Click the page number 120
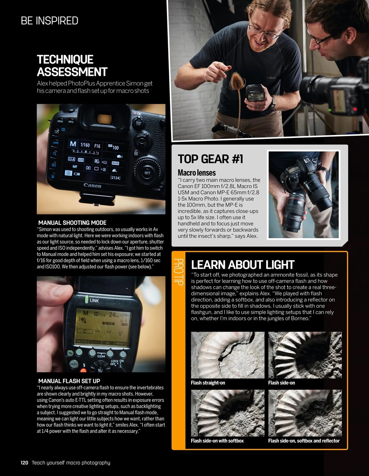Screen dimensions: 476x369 [24, 463]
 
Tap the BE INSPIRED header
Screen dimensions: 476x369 [49, 21]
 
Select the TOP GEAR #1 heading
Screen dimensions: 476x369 [210, 159]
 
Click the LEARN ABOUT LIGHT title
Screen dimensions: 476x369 [243, 265]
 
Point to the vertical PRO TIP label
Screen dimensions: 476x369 [179, 272]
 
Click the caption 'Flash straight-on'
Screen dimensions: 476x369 [208, 383]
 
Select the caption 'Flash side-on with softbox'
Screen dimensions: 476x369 [217, 441]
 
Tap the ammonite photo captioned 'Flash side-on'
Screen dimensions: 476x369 [305, 355]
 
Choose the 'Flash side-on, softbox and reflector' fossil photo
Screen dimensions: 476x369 [305, 413]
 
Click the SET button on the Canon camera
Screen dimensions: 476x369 [147, 173]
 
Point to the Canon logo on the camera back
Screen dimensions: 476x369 [92, 185]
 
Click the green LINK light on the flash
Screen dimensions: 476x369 [86, 300]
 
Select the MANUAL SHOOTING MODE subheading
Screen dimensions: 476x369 [72, 223]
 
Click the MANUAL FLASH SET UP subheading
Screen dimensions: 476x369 [69, 381]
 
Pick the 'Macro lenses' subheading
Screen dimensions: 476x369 [196, 173]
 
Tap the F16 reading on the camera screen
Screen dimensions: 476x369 [97, 146]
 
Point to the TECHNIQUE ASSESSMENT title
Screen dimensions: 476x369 [72, 65]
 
